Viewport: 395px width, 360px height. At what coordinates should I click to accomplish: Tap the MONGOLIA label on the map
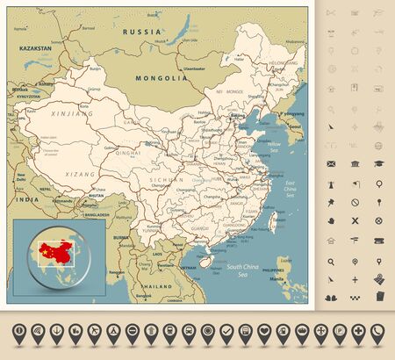coord(162,77)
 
